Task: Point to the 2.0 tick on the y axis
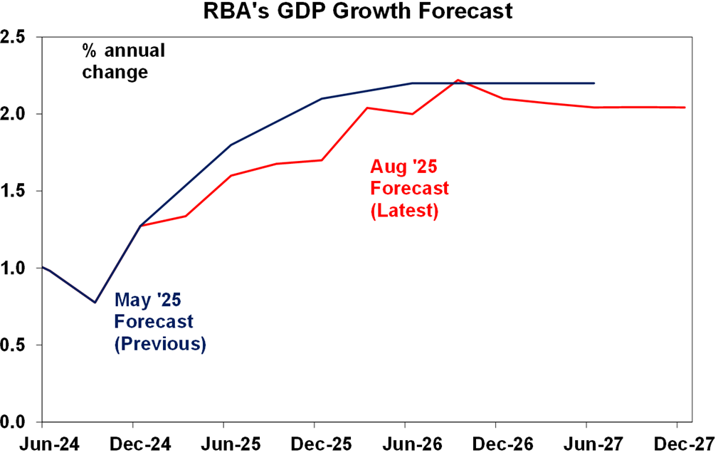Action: click(x=17, y=114)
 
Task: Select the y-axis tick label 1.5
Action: click(x=17, y=191)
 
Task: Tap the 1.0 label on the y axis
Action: click(x=17, y=268)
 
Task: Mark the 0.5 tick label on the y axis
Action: click(x=17, y=345)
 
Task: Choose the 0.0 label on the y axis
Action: click(x=17, y=422)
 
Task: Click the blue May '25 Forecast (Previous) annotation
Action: click(x=160, y=323)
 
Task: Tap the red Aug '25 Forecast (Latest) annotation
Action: click(x=409, y=189)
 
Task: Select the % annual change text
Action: click(x=123, y=61)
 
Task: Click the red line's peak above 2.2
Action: click(x=459, y=80)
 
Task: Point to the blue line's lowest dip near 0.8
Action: click(x=95, y=302)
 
